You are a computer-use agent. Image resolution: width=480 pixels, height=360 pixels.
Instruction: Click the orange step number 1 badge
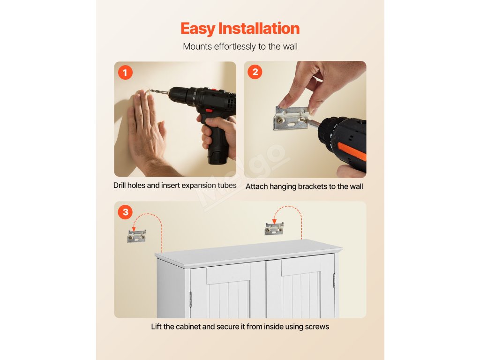[x=125, y=73]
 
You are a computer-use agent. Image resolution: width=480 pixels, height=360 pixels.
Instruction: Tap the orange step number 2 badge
[x=255, y=72]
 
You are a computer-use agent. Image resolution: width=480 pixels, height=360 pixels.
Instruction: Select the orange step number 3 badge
[x=125, y=212]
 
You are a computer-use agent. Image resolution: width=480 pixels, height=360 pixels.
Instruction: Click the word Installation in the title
[x=259, y=29]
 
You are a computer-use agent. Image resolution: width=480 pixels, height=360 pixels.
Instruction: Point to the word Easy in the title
[x=198, y=29]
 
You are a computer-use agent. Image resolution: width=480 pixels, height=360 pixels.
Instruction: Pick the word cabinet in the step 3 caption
[x=188, y=327]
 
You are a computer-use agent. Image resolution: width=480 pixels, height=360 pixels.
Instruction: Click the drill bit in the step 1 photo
[x=158, y=91]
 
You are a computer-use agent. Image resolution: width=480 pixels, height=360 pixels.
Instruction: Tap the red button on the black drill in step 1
[x=210, y=111]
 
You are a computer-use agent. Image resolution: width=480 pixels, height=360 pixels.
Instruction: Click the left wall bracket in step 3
[x=136, y=236]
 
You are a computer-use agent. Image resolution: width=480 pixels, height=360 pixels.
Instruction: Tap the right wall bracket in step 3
[x=274, y=229]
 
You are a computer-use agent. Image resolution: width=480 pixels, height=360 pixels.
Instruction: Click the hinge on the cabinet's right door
[x=334, y=280]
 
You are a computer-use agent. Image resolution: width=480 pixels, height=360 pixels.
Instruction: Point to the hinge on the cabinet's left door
[x=190, y=299]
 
